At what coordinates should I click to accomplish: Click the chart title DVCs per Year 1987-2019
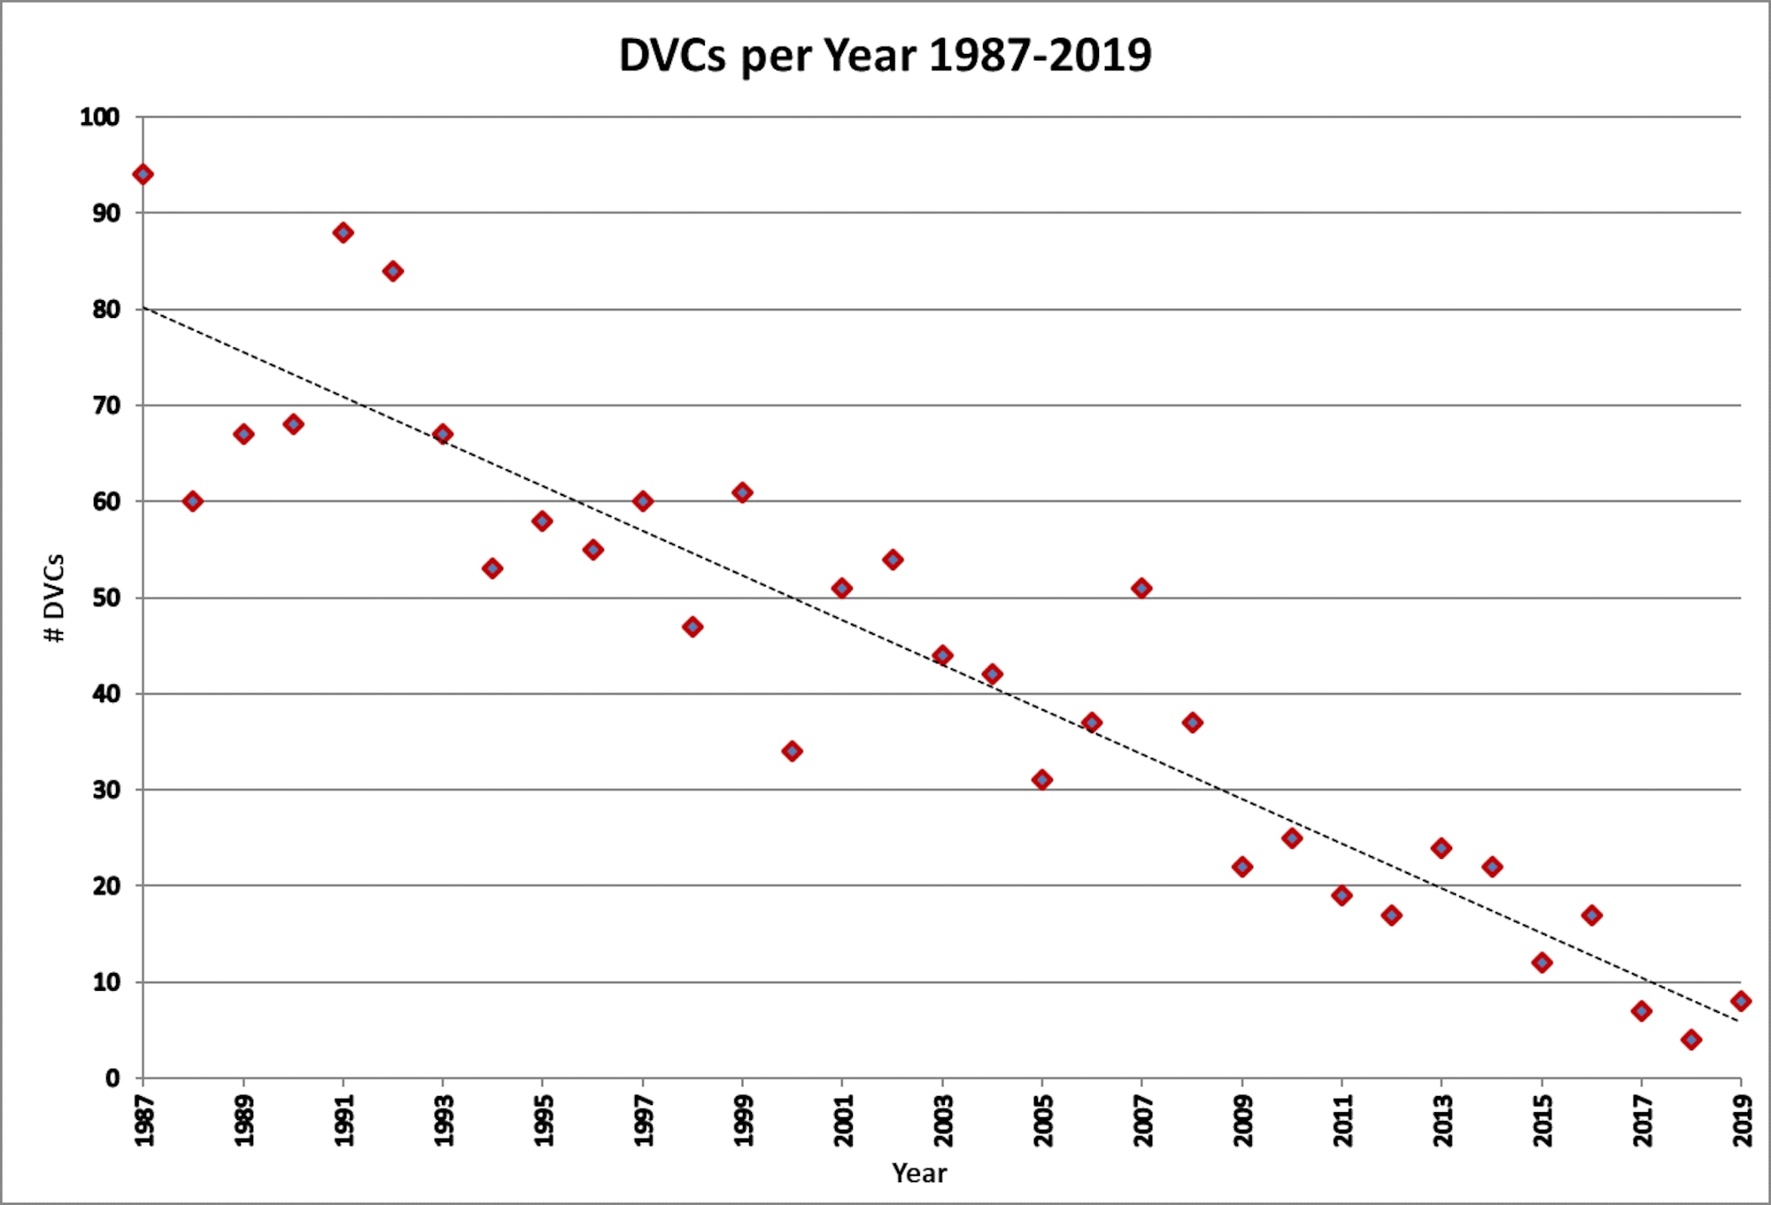(885, 55)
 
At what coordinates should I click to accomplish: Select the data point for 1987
(143, 174)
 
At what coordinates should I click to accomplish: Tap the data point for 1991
(343, 233)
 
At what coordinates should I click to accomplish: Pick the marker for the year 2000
(793, 751)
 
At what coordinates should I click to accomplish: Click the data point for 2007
(1141, 588)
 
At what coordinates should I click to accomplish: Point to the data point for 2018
(1691, 1039)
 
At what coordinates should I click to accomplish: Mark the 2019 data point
(1741, 1001)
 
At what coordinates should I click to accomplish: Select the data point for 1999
(742, 492)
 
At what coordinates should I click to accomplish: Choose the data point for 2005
(1042, 780)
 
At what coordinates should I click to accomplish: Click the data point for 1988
(192, 501)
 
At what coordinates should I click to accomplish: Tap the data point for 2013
(1442, 848)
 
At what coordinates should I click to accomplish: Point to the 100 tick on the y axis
(100, 117)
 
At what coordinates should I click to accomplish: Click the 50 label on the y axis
(105, 598)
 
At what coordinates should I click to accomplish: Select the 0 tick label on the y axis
(112, 1078)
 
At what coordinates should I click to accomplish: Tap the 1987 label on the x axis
(144, 1120)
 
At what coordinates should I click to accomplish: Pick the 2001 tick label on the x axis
(843, 1120)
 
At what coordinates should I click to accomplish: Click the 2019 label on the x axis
(1743, 1120)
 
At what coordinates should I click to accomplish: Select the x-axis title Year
(919, 1173)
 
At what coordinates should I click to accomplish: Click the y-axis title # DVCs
(55, 598)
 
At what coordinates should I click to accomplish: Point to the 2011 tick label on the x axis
(1342, 1120)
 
